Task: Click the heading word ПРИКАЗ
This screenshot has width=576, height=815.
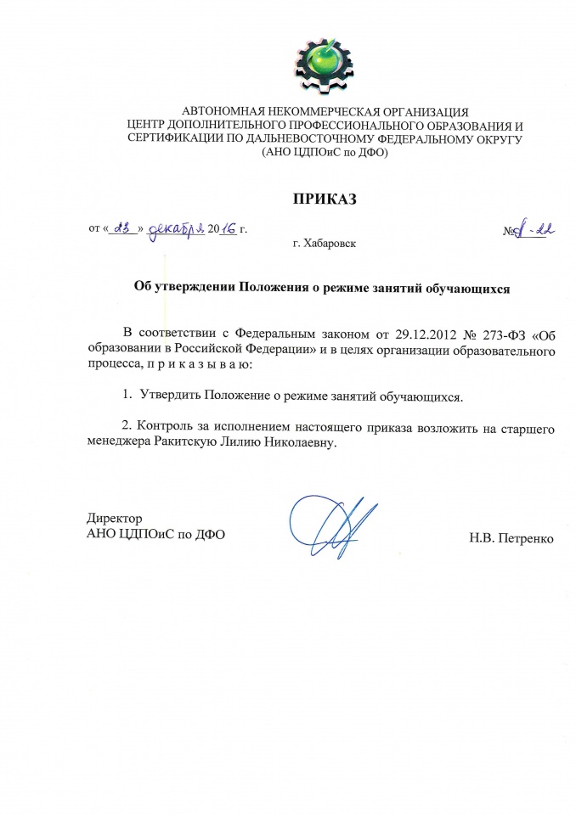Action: pyautogui.click(x=321, y=200)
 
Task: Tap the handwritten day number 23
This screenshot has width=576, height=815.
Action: pyautogui.click(x=122, y=228)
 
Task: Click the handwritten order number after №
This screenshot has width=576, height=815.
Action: pyautogui.click(x=533, y=228)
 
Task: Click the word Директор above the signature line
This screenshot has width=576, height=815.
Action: pyautogui.click(x=114, y=518)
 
